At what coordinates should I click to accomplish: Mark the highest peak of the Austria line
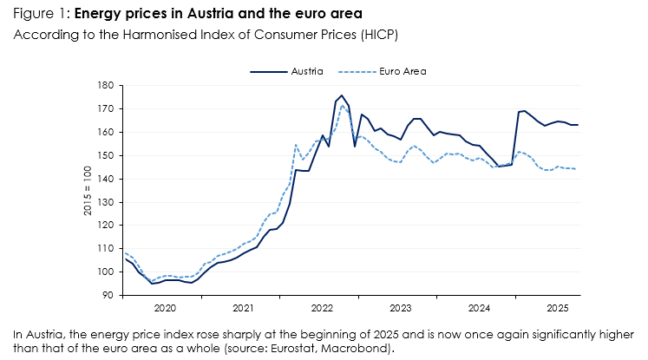(x=342, y=95)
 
